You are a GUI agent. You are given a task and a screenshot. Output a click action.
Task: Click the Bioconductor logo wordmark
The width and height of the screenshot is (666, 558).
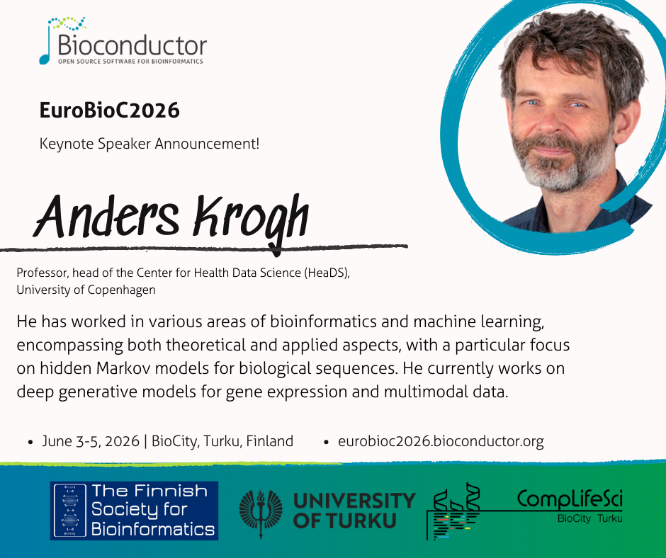[132, 46]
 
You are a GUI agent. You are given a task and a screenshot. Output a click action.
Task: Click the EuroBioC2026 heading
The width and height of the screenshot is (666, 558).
[110, 110]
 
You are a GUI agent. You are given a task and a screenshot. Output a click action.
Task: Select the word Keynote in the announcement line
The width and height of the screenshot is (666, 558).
[67, 144]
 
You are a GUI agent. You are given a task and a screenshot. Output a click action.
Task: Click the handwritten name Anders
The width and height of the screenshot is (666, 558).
[106, 217]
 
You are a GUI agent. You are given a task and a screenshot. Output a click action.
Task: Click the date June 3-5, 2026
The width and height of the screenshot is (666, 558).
[91, 441]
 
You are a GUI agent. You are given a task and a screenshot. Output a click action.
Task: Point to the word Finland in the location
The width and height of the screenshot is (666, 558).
[270, 441]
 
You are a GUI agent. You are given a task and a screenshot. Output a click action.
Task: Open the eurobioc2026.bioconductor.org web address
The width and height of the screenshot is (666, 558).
[441, 442]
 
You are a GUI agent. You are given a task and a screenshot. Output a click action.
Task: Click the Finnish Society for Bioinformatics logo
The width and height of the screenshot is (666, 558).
[134, 511]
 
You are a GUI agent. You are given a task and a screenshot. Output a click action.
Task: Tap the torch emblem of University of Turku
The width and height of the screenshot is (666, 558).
[261, 512]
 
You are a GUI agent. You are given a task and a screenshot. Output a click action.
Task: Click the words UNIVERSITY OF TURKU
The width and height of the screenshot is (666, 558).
[354, 511]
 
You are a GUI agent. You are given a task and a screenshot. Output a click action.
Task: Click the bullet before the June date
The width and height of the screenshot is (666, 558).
[30, 442]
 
